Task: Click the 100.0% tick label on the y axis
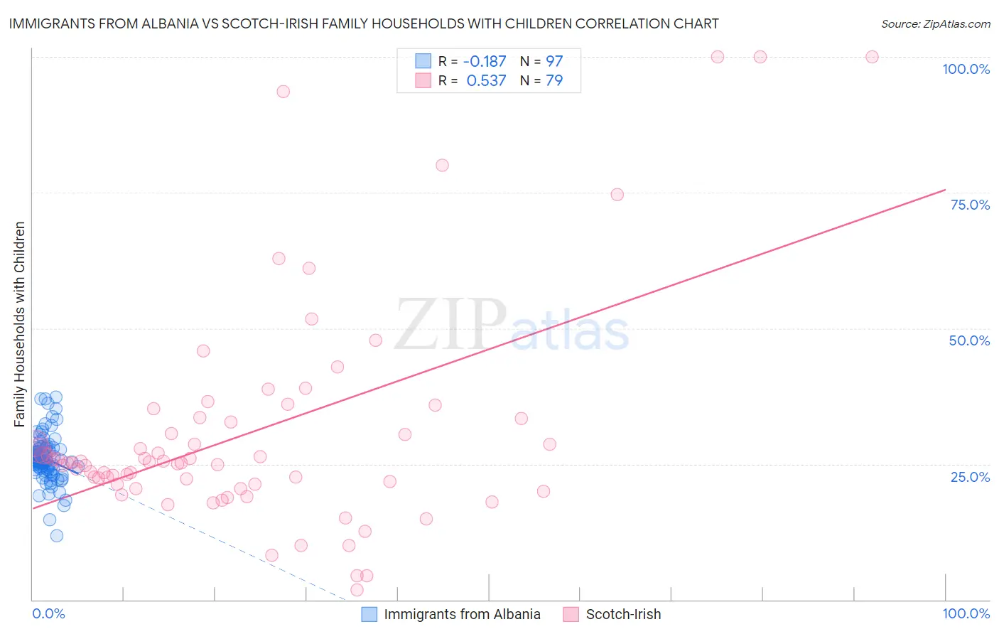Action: coord(966,69)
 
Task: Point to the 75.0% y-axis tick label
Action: coord(970,205)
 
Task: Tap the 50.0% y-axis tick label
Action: coord(969,340)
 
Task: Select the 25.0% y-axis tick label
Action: coord(970,477)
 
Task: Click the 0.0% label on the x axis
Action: coord(48,613)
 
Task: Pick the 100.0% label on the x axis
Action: coord(966,613)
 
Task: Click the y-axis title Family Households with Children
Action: coord(19,324)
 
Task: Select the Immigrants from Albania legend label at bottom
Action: coord(462,614)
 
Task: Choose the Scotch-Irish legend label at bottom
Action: coord(623,614)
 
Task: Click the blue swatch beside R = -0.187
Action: coord(423,61)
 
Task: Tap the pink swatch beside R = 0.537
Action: coord(423,80)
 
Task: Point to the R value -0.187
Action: coord(485,61)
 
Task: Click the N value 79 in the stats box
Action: coord(554,80)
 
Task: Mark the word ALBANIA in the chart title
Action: coord(175,23)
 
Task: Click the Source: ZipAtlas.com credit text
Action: coord(935,23)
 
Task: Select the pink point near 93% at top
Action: coord(283,91)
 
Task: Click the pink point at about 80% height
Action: coord(442,165)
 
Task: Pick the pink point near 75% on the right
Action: coord(617,195)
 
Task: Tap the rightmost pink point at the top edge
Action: coord(872,57)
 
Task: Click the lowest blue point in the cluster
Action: coord(57,535)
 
